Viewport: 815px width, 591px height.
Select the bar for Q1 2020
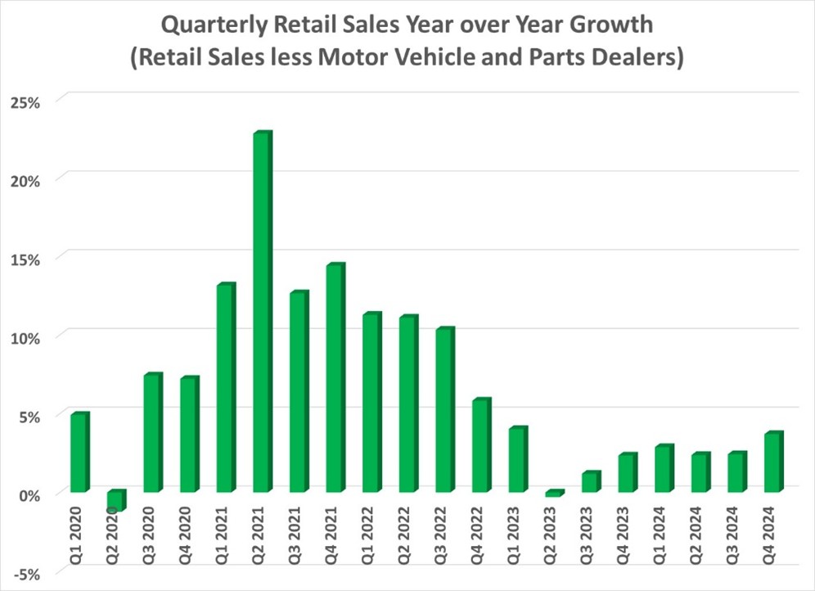click(79, 453)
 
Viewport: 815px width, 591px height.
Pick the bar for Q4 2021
click(335, 379)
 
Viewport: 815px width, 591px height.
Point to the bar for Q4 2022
click(480, 446)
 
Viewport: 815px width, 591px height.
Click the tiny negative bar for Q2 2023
click(554, 494)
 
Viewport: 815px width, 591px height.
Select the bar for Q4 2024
click(773, 462)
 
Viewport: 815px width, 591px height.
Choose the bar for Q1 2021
click(225, 389)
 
